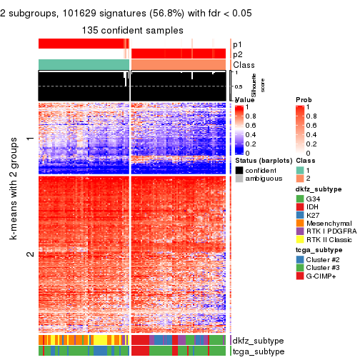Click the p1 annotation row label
coord(237,44)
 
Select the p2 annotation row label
coord(237,54)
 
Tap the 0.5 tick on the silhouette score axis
coord(239,86)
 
